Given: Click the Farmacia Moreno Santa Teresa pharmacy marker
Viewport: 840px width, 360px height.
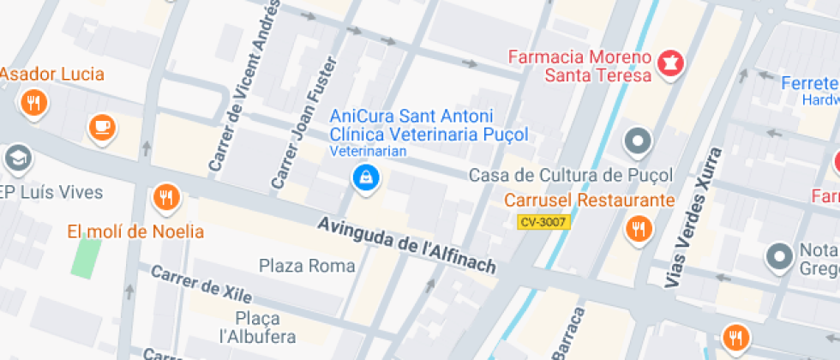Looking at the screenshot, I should click(670, 63).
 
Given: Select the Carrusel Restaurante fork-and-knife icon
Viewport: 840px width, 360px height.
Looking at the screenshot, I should click(638, 228).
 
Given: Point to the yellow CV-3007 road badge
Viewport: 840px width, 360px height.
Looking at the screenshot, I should click(543, 222).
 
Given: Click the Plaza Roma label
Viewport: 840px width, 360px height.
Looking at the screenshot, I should click(307, 266).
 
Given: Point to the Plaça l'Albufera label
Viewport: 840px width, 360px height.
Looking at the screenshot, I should click(258, 327).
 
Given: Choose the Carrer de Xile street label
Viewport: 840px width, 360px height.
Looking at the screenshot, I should click(201, 284).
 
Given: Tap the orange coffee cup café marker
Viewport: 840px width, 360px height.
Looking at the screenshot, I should click(102, 128).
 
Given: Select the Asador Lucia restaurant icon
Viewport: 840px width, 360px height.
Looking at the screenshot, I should click(33, 105).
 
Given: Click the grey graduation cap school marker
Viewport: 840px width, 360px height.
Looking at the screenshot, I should click(17, 158).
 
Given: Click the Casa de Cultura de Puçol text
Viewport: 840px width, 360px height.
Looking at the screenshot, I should click(571, 176).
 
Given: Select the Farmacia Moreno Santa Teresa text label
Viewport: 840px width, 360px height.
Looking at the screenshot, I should click(579, 66).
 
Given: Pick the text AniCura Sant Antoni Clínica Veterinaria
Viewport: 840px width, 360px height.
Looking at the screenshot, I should click(429, 125).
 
